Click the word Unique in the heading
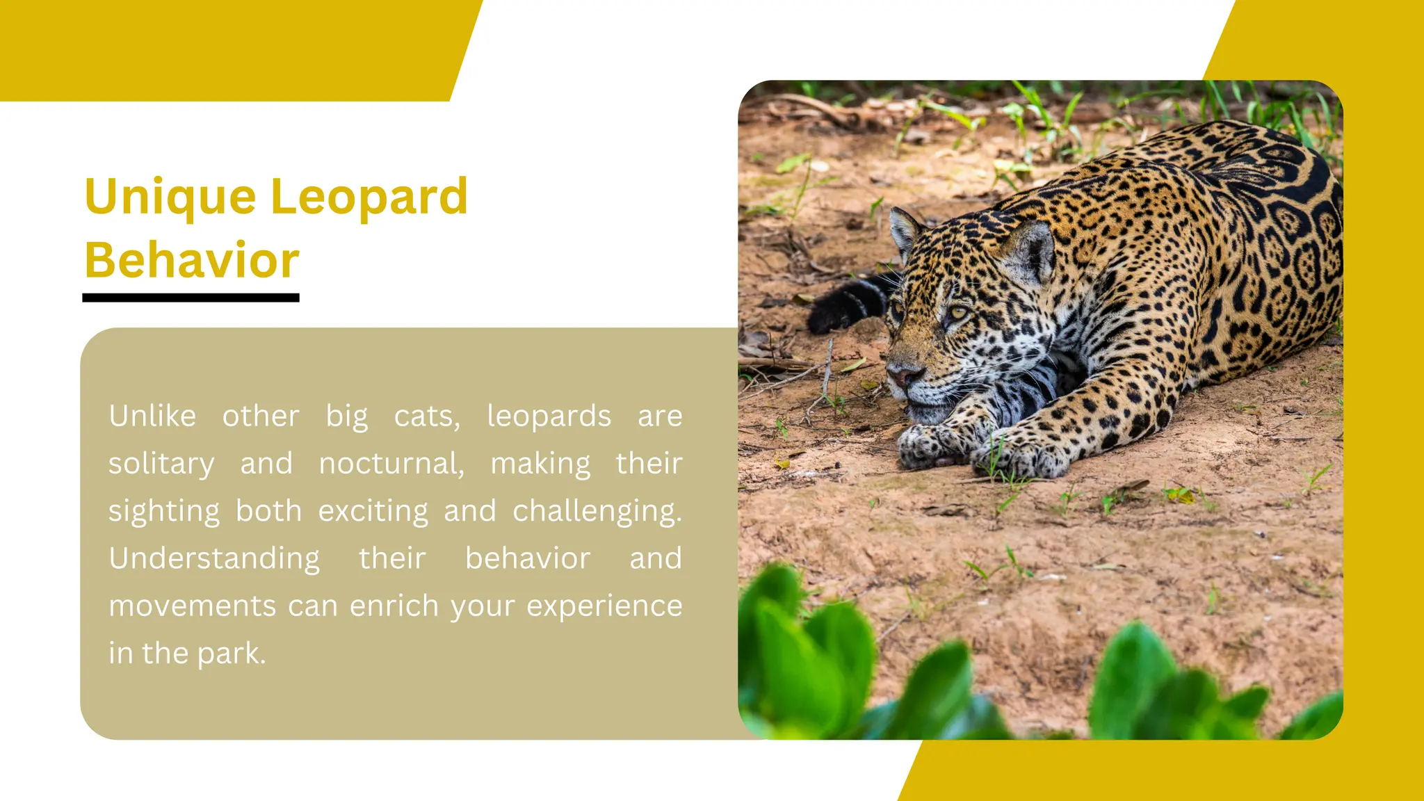[x=170, y=197]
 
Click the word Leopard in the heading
[x=369, y=197]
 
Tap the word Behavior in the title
[x=192, y=260]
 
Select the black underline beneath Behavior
[x=191, y=298]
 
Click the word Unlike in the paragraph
[x=152, y=416]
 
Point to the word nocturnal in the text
[x=391, y=464]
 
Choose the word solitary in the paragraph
[x=161, y=464]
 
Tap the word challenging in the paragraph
[x=597, y=511]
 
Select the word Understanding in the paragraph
[x=214, y=558]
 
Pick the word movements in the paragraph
[x=193, y=606]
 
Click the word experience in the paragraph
[x=604, y=606]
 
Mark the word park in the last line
[x=231, y=654]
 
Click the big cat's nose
[x=905, y=375]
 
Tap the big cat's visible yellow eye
[x=958, y=314]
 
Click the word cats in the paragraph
[x=426, y=416]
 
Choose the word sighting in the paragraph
[x=164, y=511]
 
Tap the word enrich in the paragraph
[x=394, y=606]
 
